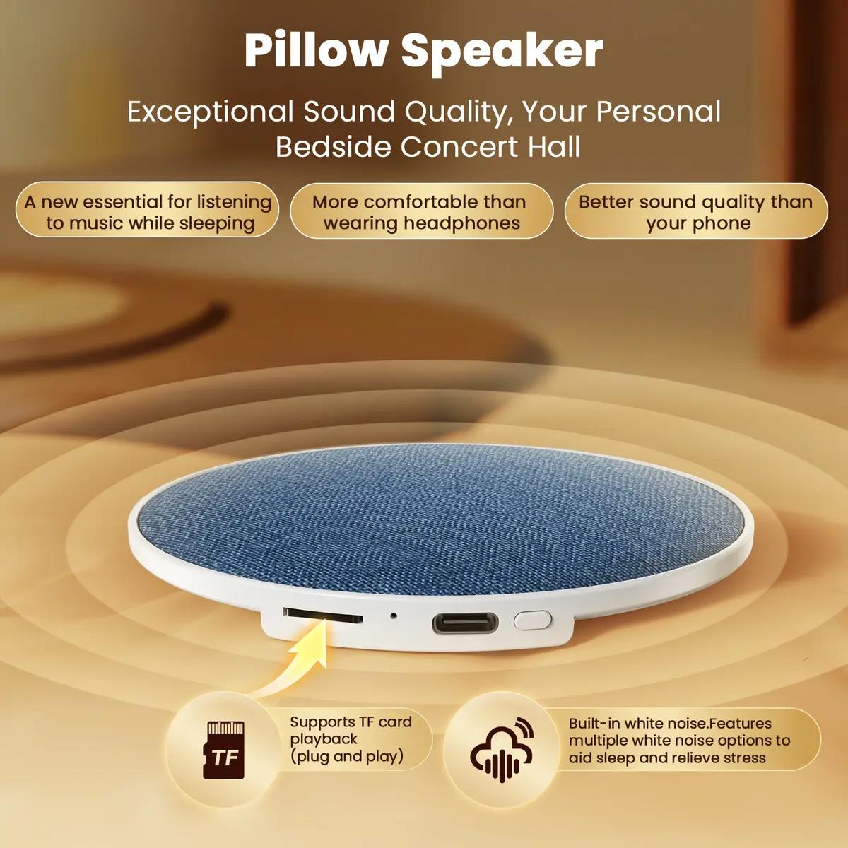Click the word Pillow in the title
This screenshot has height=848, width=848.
click(x=316, y=49)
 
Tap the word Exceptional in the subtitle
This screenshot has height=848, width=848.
click(x=210, y=112)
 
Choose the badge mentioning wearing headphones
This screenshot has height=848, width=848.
click(x=421, y=212)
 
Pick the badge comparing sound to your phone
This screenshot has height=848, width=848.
click(x=695, y=212)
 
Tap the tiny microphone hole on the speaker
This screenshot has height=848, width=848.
click(x=393, y=615)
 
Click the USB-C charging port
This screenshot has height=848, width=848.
click(x=464, y=623)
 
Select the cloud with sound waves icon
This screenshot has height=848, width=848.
click(x=502, y=750)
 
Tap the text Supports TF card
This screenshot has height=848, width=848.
click(x=351, y=722)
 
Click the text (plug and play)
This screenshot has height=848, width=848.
click(x=346, y=756)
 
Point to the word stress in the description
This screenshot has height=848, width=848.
click(x=743, y=758)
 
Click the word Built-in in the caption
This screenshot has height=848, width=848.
click(x=595, y=723)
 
